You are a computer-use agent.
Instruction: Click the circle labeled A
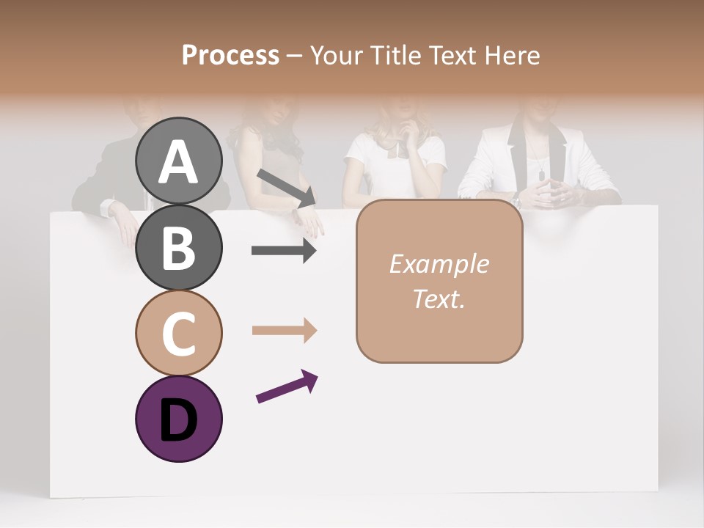point(179,161)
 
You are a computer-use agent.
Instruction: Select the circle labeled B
point(179,247)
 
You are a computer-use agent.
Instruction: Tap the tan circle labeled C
point(179,333)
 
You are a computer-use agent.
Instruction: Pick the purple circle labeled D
point(179,419)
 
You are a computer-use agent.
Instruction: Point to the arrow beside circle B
point(284,251)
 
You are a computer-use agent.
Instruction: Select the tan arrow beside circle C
point(284,331)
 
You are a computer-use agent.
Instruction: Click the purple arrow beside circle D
point(287,386)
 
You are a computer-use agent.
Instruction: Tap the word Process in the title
point(230,55)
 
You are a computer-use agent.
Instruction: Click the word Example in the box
point(439,264)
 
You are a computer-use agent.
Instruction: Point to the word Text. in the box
point(439,299)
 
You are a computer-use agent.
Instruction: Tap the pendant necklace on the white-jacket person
point(541,175)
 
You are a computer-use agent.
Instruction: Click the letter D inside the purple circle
point(179,420)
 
